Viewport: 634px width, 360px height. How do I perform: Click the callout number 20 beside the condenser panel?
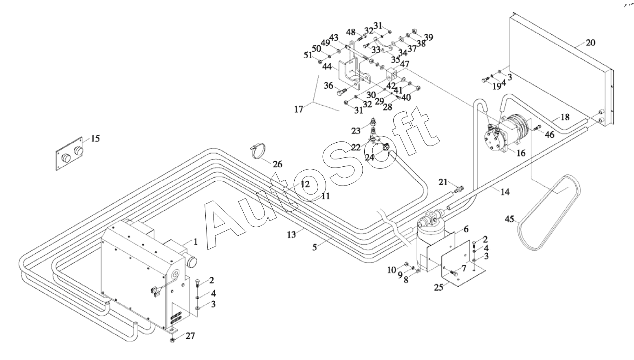coord(590,43)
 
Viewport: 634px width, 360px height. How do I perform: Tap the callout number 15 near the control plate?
coord(95,139)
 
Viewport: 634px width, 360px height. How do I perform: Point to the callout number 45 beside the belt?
coord(509,219)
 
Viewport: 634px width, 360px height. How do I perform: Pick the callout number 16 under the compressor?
coord(521,153)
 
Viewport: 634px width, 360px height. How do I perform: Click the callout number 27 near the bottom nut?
coord(190,336)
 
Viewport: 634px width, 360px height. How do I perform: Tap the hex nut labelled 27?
coord(172,340)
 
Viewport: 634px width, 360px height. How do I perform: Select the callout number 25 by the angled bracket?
coord(439,287)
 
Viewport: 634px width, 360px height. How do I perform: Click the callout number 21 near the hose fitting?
coord(443,182)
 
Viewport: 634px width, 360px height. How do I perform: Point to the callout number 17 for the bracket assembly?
coord(299,109)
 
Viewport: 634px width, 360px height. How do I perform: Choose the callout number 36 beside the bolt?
coord(328,85)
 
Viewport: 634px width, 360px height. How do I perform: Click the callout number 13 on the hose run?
coord(291,234)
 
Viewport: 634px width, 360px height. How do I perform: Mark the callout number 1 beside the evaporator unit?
coord(195,242)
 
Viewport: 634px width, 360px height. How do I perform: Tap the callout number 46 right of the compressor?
coord(549,135)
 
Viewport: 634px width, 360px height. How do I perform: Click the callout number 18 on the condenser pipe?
coord(565,117)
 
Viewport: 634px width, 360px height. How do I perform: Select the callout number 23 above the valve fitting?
coord(356,130)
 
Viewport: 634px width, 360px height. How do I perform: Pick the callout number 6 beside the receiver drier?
coord(466,229)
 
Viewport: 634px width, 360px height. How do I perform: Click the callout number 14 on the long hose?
coord(505,192)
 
